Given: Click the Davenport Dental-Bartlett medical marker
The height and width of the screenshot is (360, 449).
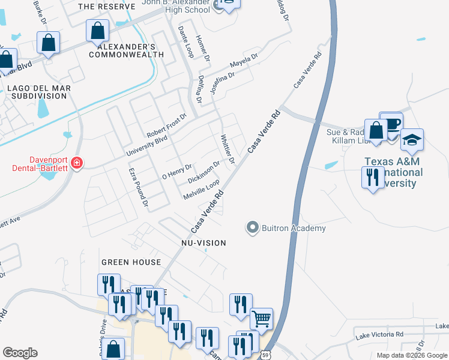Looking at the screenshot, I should coord(76,163).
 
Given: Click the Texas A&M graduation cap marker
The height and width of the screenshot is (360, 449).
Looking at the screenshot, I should coord(412,141).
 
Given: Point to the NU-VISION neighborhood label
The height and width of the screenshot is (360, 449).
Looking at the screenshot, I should coord(204,243).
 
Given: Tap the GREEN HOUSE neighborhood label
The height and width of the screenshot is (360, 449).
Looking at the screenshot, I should coord(131,262).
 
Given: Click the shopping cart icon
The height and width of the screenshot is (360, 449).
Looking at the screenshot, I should coord(261,319).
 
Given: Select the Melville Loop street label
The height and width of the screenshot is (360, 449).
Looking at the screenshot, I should coord(201,190).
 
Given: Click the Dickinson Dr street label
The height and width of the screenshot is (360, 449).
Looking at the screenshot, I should coord(204,172).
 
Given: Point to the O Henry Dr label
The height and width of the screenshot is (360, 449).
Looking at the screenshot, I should coord(177,172).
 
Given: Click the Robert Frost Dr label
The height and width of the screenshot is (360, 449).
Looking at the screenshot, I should coord(167,124).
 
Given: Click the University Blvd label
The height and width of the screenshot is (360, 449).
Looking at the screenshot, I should coord(146,145).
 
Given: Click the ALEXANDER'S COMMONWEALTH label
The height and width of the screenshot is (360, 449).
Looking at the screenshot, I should coord(127,50).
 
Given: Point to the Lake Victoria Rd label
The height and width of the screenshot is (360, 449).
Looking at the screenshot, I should coord(380,334).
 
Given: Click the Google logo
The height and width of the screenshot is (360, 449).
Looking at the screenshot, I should coord(20,353).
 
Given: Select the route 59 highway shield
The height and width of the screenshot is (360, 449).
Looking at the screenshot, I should coord(266,355).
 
